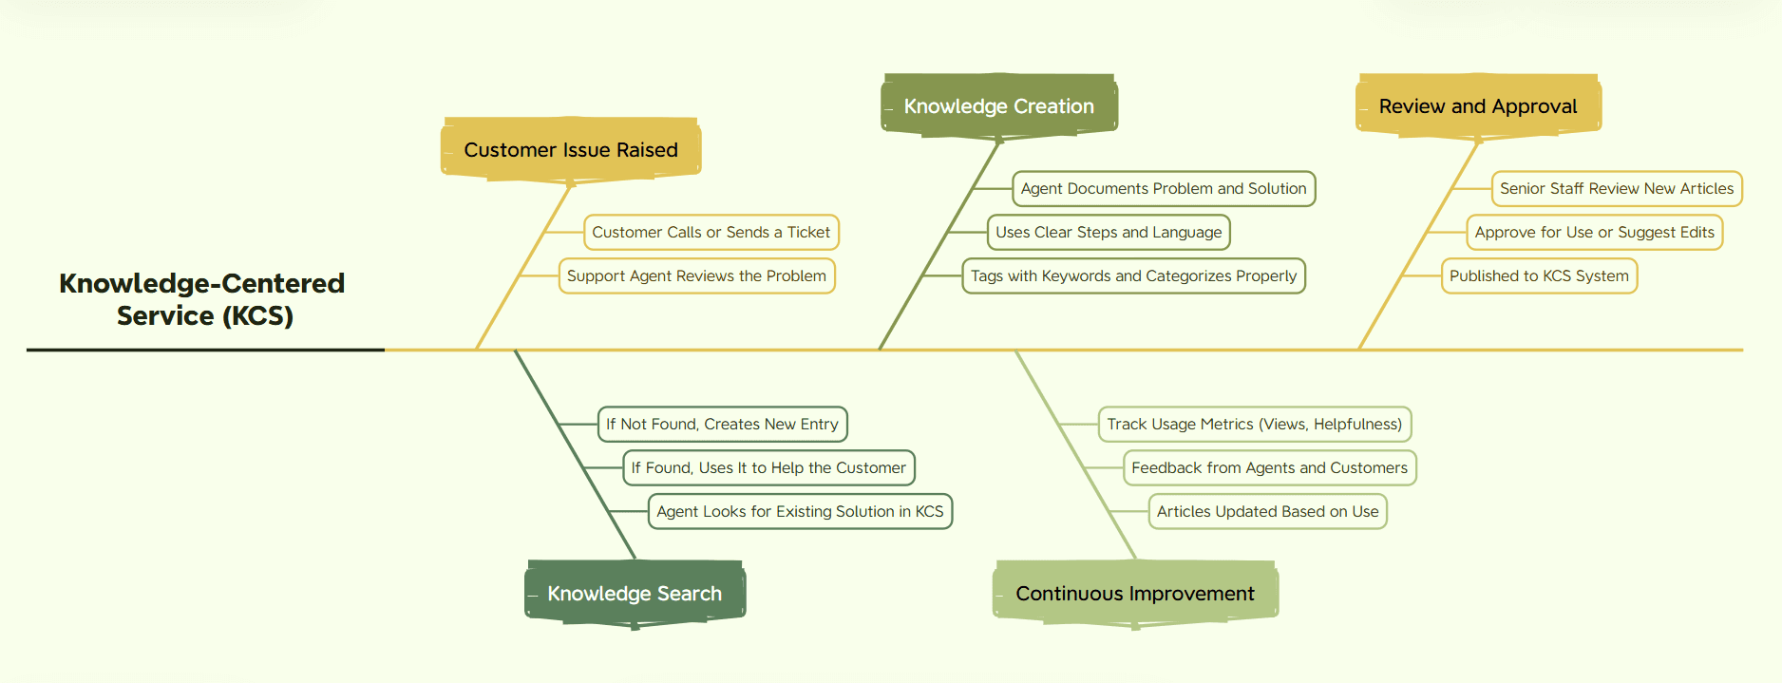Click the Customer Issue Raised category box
pyautogui.click(x=571, y=149)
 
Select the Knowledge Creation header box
pyautogui.click(x=999, y=105)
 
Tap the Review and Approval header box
pyautogui.click(x=1478, y=105)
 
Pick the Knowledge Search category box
pyautogui.click(x=635, y=594)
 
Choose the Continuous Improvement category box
pyautogui.click(x=1135, y=594)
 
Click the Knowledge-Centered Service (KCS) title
pyautogui.click(x=202, y=298)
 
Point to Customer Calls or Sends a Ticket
pyautogui.click(x=711, y=232)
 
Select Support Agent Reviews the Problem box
pyautogui.click(x=696, y=275)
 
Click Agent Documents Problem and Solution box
pyautogui.click(x=1164, y=188)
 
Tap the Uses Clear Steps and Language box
pyautogui.click(x=1109, y=232)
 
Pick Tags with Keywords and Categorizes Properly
pyautogui.click(x=1133, y=275)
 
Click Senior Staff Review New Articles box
pyautogui.click(x=1617, y=188)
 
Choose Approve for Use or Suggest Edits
pyautogui.click(x=1595, y=232)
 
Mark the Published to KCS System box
pyautogui.click(x=1539, y=275)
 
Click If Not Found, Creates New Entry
pyautogui.click(x=722, y=424)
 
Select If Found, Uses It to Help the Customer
pyautogui.click(x=768, y=467)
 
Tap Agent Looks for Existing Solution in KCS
pyautogui.click(x=800, y=511)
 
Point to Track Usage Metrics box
pyautogui.click(x=1255, y=424)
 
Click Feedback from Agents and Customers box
pyautogui.click(x=1270, y=467)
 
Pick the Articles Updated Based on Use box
pyautogui.click(x=1268, y=511)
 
